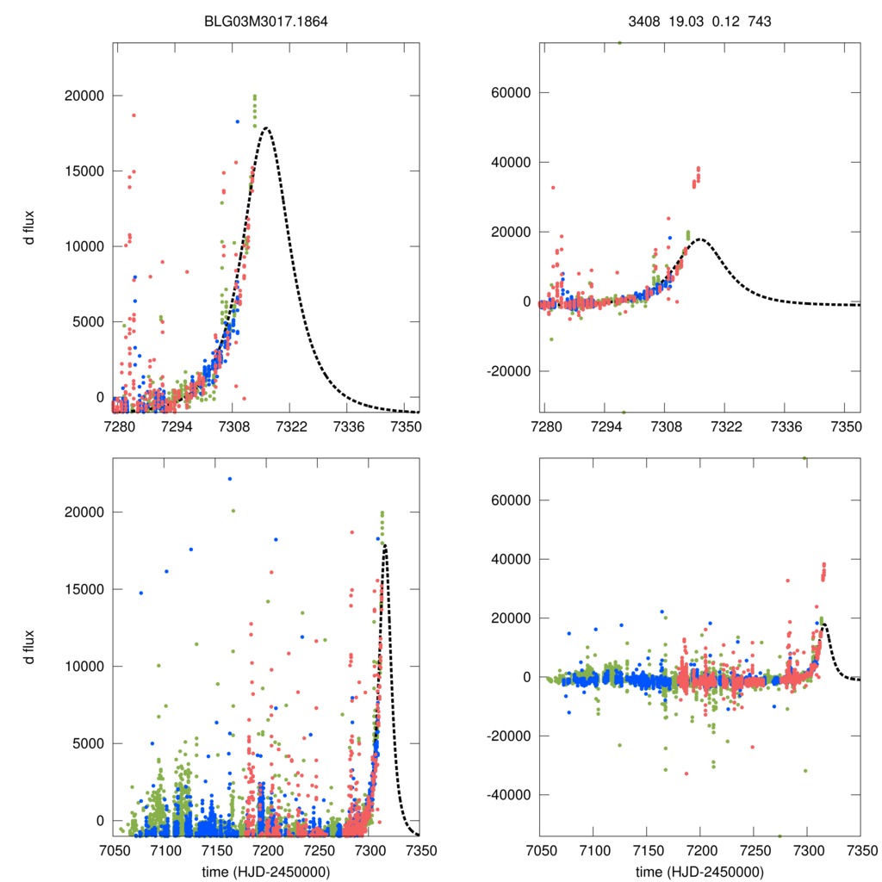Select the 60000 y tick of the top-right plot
pos(510,92)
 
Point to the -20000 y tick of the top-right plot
pos(506,371)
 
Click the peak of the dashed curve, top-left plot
pos(267,128)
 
